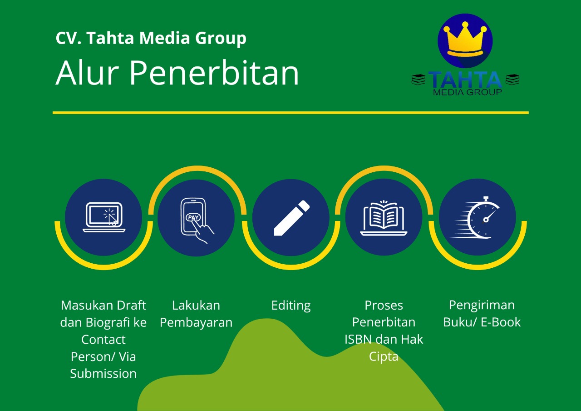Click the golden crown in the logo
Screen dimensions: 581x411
pos(465,39)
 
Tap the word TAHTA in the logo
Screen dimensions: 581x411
pos(465,80)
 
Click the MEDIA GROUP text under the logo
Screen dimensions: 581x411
pos(468,92)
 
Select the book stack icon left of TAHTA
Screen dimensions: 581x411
pos(419,80)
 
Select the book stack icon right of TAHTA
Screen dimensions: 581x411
pos(512,80)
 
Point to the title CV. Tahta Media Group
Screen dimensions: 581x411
pos(151,38)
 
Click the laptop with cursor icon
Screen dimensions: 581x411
pos(104,217)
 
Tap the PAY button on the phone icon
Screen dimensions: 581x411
pos(193,217)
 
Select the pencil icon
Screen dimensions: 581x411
pos(292,218)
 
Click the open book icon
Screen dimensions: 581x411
pos(384,218)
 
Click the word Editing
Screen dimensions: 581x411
pos(291,306)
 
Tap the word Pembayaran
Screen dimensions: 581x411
pos(196,323)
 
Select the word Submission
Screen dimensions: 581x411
pos(103,374)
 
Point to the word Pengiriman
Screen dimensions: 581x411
pos(482,306)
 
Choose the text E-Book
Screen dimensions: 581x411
pos(501,322)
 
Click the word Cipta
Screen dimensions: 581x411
pos(384,357)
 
